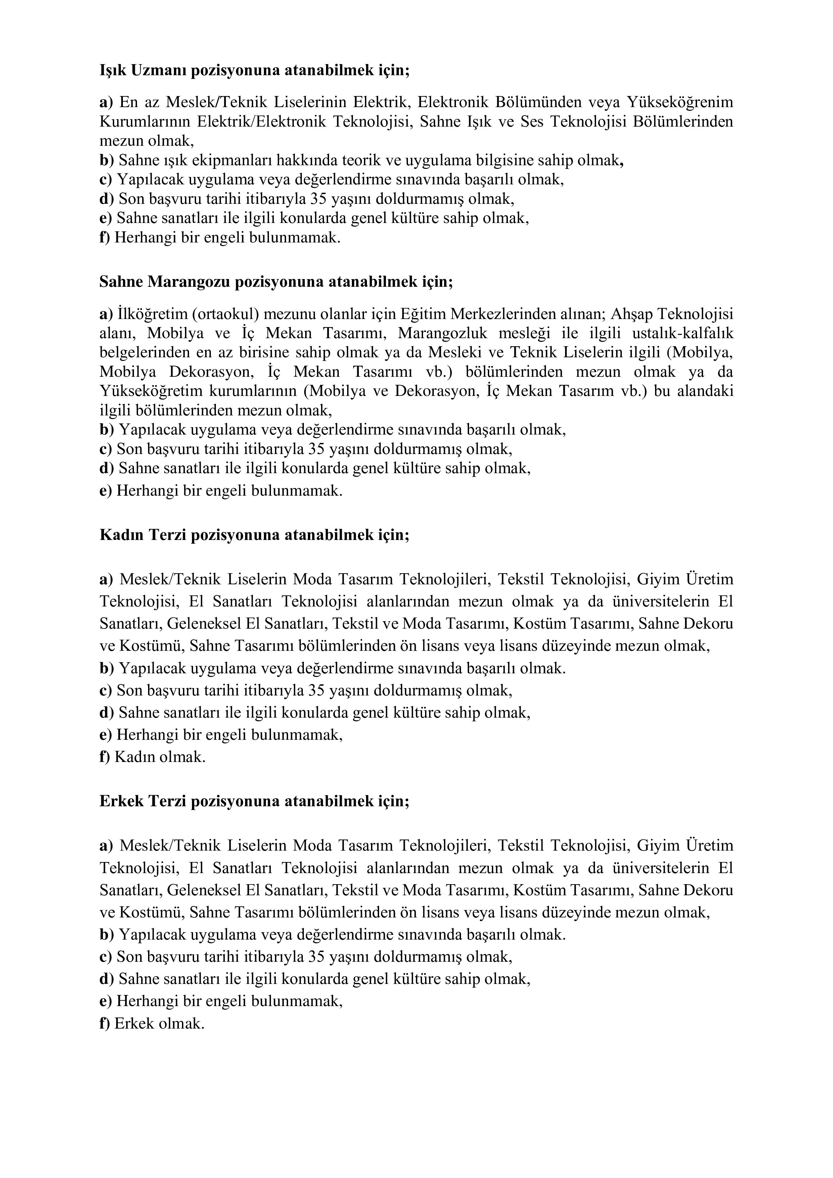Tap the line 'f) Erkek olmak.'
(x=152, y=1024)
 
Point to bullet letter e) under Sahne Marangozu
(x=105, y=491)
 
